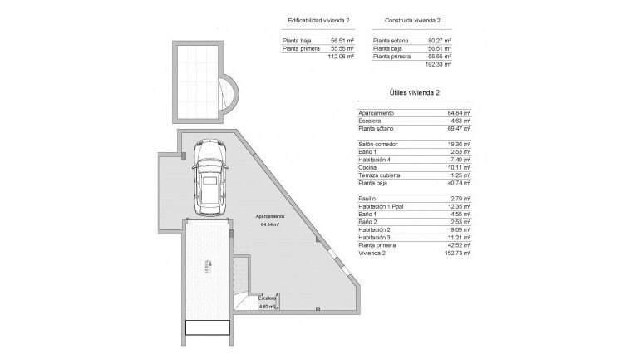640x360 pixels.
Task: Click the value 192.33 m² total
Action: (x=439, y=64)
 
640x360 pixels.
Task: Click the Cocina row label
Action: (x=368, y=168)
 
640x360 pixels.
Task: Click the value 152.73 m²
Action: (x=458, y=254)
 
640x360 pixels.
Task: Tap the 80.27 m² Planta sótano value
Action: (x=439, y=40)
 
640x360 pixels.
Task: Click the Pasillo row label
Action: (x=367, y=200)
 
